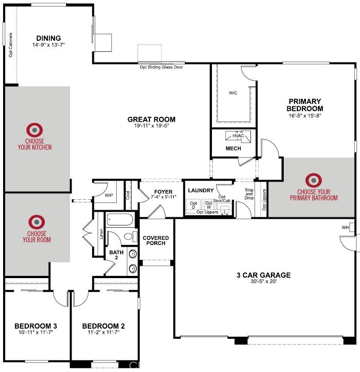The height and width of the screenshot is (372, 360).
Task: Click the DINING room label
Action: tap(48, 38)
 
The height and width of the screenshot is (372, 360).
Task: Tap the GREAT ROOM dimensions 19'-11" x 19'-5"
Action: tap(151, 126)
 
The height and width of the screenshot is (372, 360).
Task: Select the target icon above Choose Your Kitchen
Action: tap(35, 130)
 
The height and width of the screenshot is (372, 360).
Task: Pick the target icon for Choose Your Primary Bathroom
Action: tap(313, 180)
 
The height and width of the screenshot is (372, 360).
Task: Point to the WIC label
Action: tap(233, 93)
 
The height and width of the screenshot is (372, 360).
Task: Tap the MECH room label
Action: tap(233, 148)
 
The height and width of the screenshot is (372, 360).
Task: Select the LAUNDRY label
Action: tap(201, 190)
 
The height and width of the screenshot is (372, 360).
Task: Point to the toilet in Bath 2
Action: tap(129, 236)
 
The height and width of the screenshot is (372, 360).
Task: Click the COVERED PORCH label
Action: tap(156, 240)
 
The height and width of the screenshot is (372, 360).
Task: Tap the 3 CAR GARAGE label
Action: tap(263, 275)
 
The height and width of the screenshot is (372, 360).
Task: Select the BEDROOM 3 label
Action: tap(35, 326)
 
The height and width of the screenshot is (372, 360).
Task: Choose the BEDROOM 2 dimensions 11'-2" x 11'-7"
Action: tap(103, 332)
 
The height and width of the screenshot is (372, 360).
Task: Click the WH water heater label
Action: tap(345, 228)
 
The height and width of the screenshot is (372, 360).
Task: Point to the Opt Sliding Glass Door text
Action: tap(161, 67)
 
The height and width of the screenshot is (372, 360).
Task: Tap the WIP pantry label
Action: tap(109, 195)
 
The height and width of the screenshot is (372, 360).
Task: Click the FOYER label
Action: tap(163, 192)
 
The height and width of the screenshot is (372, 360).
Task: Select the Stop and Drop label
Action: tap(249, 194)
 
